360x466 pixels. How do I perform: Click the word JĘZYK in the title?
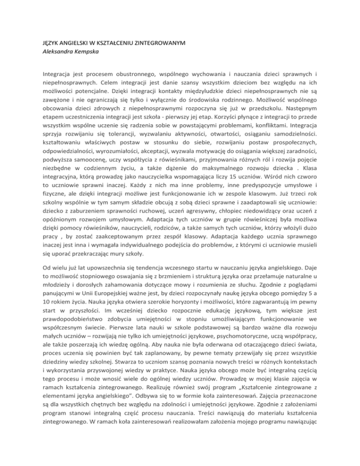click(38, 43)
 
